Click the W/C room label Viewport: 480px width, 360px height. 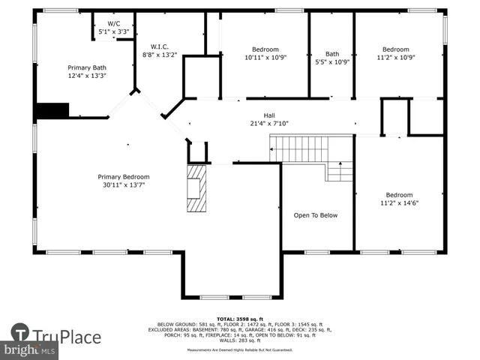point(113,24)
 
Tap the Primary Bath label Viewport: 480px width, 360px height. point(87,67)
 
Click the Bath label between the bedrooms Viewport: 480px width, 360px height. point(331,53)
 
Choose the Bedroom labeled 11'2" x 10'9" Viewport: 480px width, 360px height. point(396,49)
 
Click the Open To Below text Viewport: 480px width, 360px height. point(315,215)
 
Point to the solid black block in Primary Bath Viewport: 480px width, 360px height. point(52,110)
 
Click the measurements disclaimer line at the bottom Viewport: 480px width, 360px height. point(240,350)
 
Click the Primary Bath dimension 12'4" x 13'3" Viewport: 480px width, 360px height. point(87,75)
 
